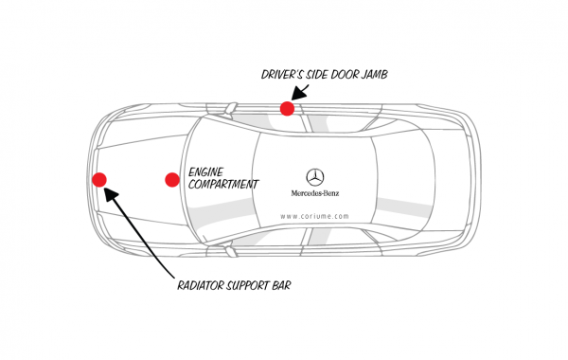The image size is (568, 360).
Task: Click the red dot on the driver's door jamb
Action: (287, 109)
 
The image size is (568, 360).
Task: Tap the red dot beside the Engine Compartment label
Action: (172, 179)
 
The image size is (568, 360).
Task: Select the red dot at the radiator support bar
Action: (99, 179)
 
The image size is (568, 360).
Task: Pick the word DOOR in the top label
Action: (333, 73)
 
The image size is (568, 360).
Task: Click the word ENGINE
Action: (207, 171)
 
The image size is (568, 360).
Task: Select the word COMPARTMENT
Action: (222, 185)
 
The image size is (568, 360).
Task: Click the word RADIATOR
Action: (205, 284)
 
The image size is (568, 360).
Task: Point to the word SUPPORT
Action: (257, 284)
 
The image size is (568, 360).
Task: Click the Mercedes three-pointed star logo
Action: (316, 176)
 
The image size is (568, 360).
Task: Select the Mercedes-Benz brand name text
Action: (316, 195)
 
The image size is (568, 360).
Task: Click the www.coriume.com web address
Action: (316, 215)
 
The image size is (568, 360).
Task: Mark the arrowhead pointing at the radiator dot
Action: (109, 192)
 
